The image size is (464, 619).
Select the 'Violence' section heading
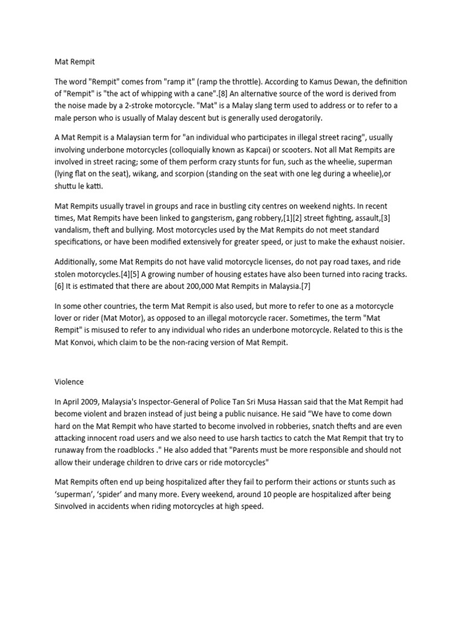coord(69,382)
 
